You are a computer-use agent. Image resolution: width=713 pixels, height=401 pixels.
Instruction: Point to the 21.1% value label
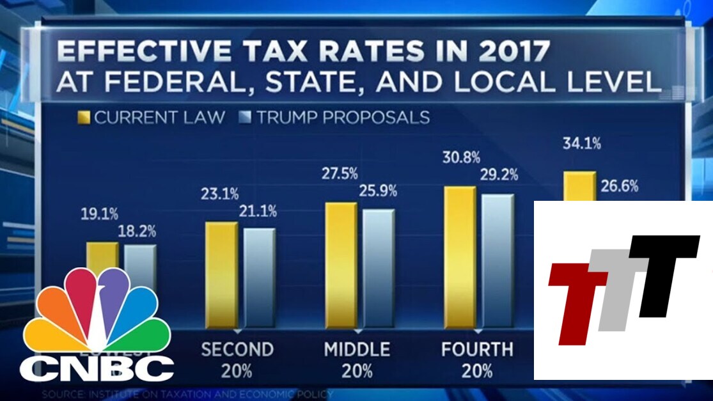257,212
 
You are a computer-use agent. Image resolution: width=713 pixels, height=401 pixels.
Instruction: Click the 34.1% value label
581,144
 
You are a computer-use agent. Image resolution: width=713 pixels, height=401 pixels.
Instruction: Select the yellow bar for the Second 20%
221,275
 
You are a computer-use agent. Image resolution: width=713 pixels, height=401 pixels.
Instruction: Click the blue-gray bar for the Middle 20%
379,269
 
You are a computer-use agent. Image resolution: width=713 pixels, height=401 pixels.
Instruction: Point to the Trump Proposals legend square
247,117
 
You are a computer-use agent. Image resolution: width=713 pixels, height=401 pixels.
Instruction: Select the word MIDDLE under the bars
357,349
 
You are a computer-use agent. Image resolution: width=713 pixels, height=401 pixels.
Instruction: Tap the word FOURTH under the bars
477,349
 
